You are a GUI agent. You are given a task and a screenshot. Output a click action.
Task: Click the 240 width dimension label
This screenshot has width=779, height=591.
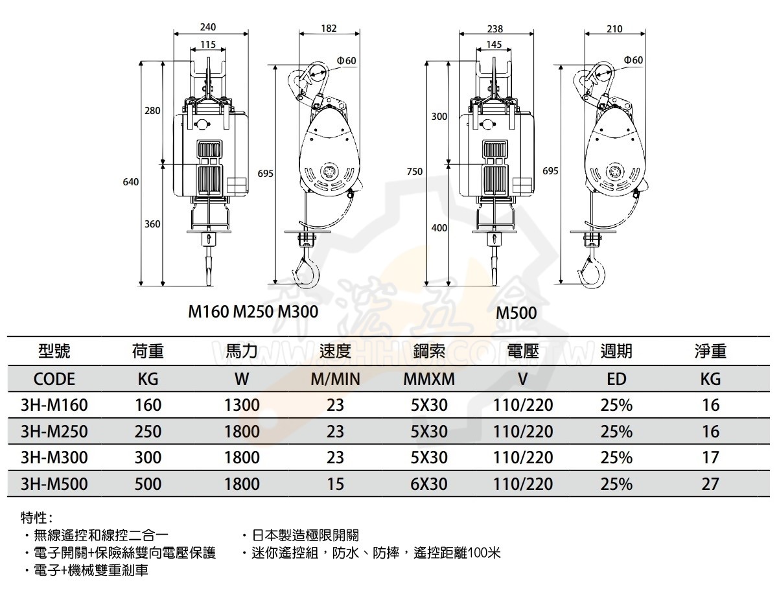tap(207, 27)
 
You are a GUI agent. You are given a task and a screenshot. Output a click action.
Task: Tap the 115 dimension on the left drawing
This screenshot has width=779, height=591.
tap(207, 44)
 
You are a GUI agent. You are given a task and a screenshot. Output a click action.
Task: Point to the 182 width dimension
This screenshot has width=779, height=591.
tap(329, 29)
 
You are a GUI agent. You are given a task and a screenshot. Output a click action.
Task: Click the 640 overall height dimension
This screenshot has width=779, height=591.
tap(131, 182)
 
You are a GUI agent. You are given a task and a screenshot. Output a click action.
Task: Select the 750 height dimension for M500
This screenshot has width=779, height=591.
tap(415, 172)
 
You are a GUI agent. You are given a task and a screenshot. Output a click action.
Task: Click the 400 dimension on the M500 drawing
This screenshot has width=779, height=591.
tap(439, 227)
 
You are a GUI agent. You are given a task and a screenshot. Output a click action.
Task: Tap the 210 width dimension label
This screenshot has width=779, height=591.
tap(614, 29)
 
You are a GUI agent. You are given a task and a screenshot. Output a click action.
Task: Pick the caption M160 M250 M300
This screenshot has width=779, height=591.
tap(253, 312)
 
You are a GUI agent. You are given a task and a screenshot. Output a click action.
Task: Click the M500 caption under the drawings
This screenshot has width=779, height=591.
tap(516, 313)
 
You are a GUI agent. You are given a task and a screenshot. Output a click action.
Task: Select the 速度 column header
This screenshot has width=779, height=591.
tap(335, 351)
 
